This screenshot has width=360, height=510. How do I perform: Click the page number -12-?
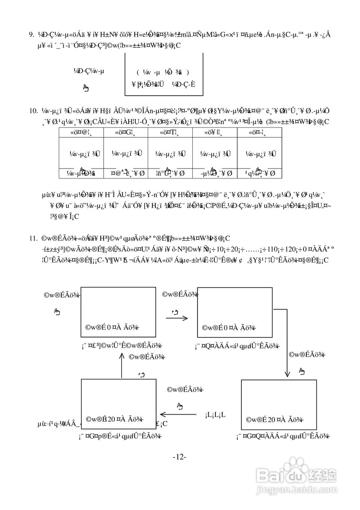[180, 457]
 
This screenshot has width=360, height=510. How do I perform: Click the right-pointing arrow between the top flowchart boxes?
[176, 318]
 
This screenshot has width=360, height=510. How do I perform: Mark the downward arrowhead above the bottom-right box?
[287, 375]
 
